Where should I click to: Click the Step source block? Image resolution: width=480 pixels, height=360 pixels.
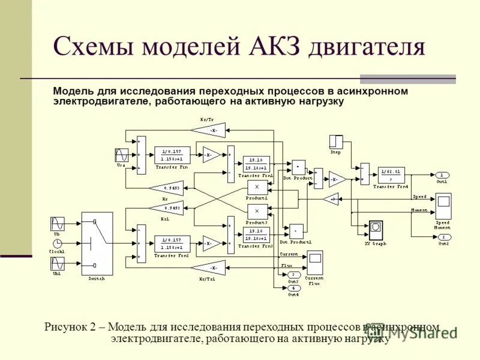[335, 142]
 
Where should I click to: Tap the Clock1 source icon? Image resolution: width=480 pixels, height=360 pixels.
[58, 243]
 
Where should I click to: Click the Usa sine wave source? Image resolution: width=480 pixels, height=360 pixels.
[121, 155]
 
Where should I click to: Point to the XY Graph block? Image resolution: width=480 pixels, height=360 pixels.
[376, 230]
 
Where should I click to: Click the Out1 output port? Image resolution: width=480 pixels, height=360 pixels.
[442, 175]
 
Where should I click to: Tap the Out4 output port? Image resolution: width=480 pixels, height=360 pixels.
[293, 287]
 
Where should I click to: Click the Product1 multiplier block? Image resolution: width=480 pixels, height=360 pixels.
[257, 188]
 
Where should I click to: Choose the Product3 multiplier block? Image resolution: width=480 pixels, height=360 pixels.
[257, 211]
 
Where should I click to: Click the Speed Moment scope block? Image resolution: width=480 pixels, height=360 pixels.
[443, 207]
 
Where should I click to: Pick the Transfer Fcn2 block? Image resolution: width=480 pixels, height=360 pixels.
[172, 244]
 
